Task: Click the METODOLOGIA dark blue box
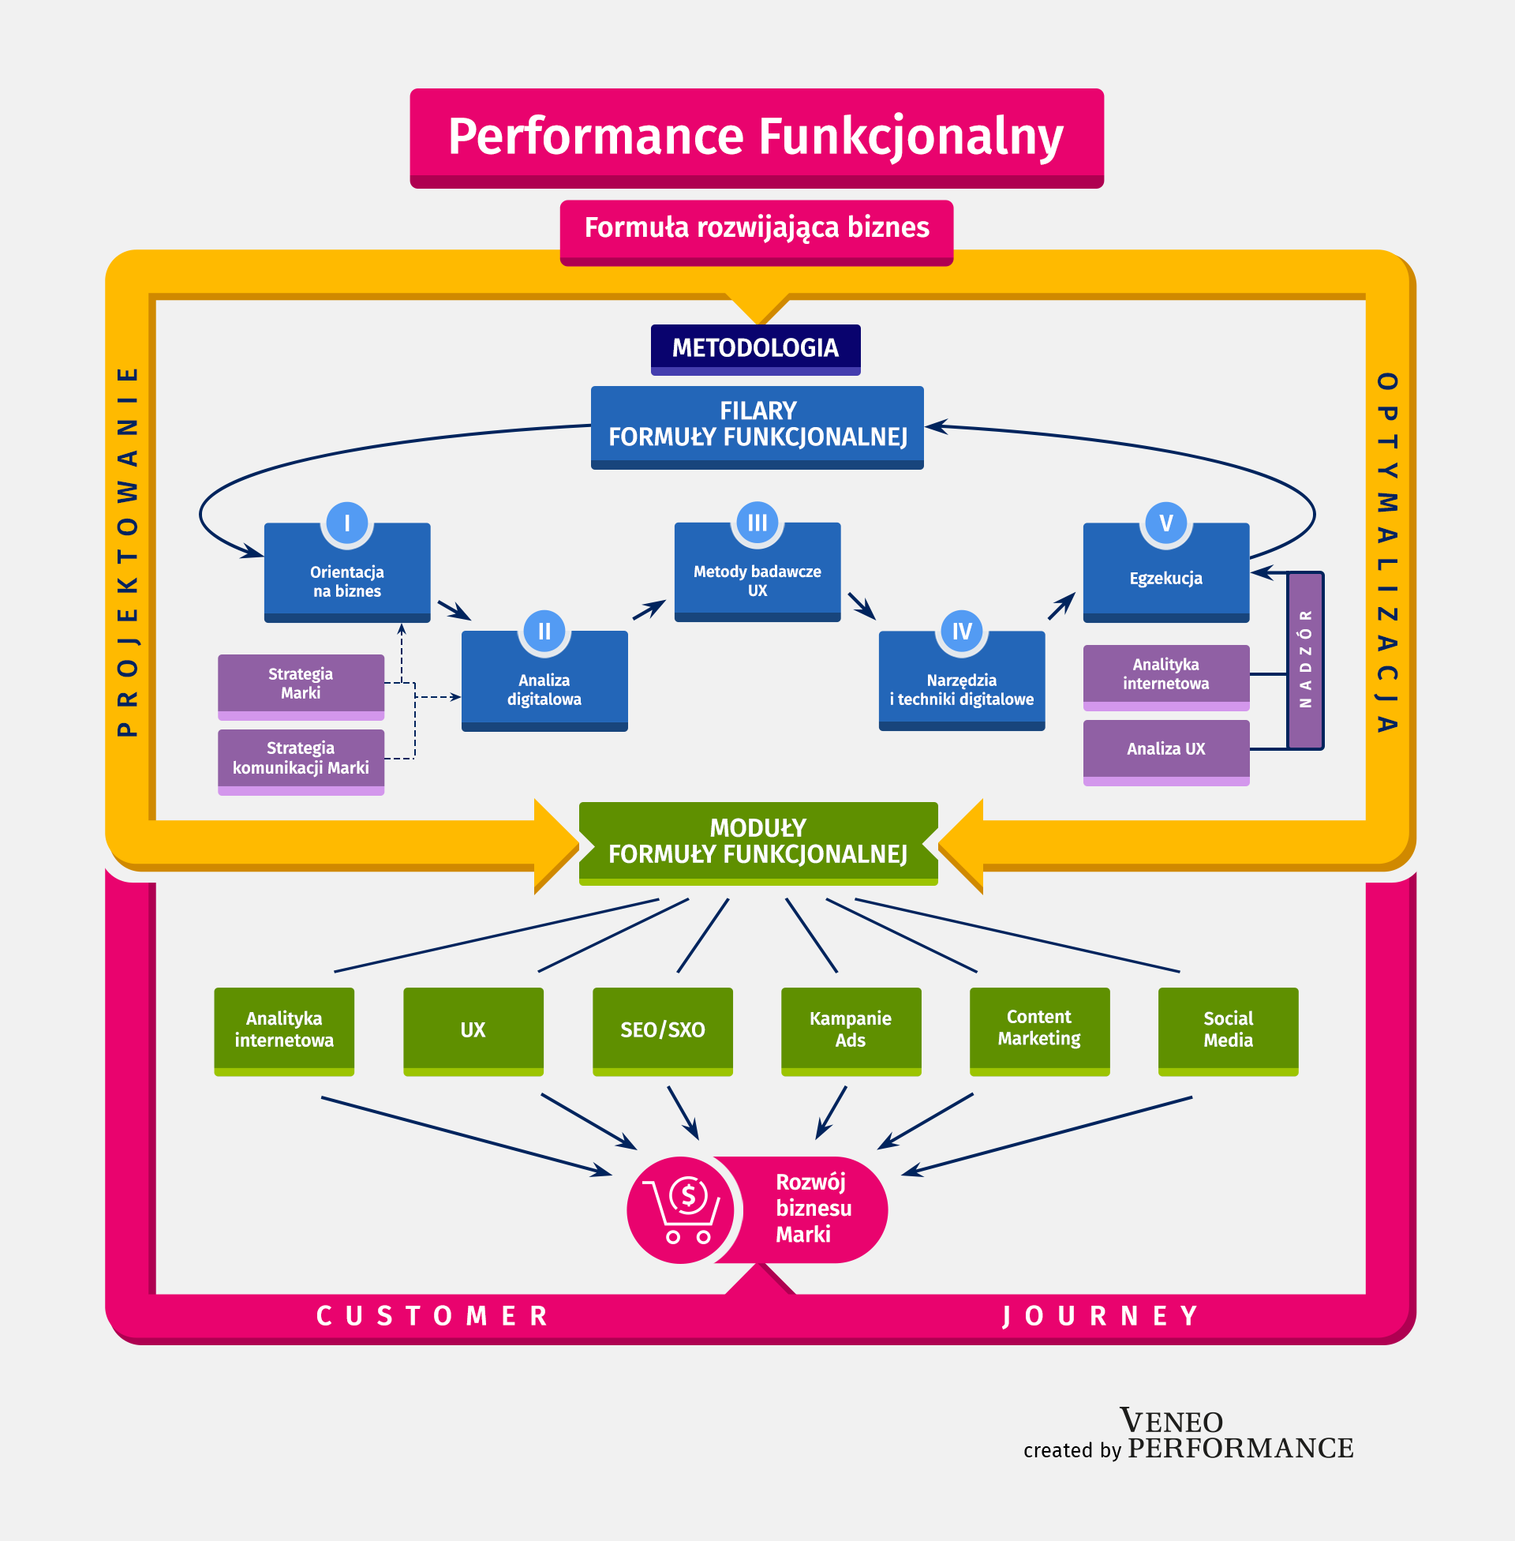click(755, 349)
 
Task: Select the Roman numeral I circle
click(347, 523)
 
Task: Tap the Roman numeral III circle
click(757, 523)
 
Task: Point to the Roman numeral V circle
click(1165, 523)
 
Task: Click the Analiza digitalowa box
click(544, 685)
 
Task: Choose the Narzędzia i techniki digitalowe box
click(961, 685)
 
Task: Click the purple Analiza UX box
click(1165, 749)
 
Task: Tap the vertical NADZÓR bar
click(1305, 660)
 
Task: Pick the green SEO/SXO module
click(662, 1030)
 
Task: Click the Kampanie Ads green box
click(851, 1030)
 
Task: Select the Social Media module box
click(1228, 1030)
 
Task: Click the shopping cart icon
click(683, 1209)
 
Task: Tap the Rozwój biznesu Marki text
click(814, 1209)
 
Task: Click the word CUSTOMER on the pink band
click(433, 1317)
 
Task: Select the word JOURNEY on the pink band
click(1100, 1317)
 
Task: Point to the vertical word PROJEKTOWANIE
click(128, 552)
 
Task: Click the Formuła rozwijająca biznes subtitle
click(757, 228)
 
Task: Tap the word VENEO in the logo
click(1171, 1422)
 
